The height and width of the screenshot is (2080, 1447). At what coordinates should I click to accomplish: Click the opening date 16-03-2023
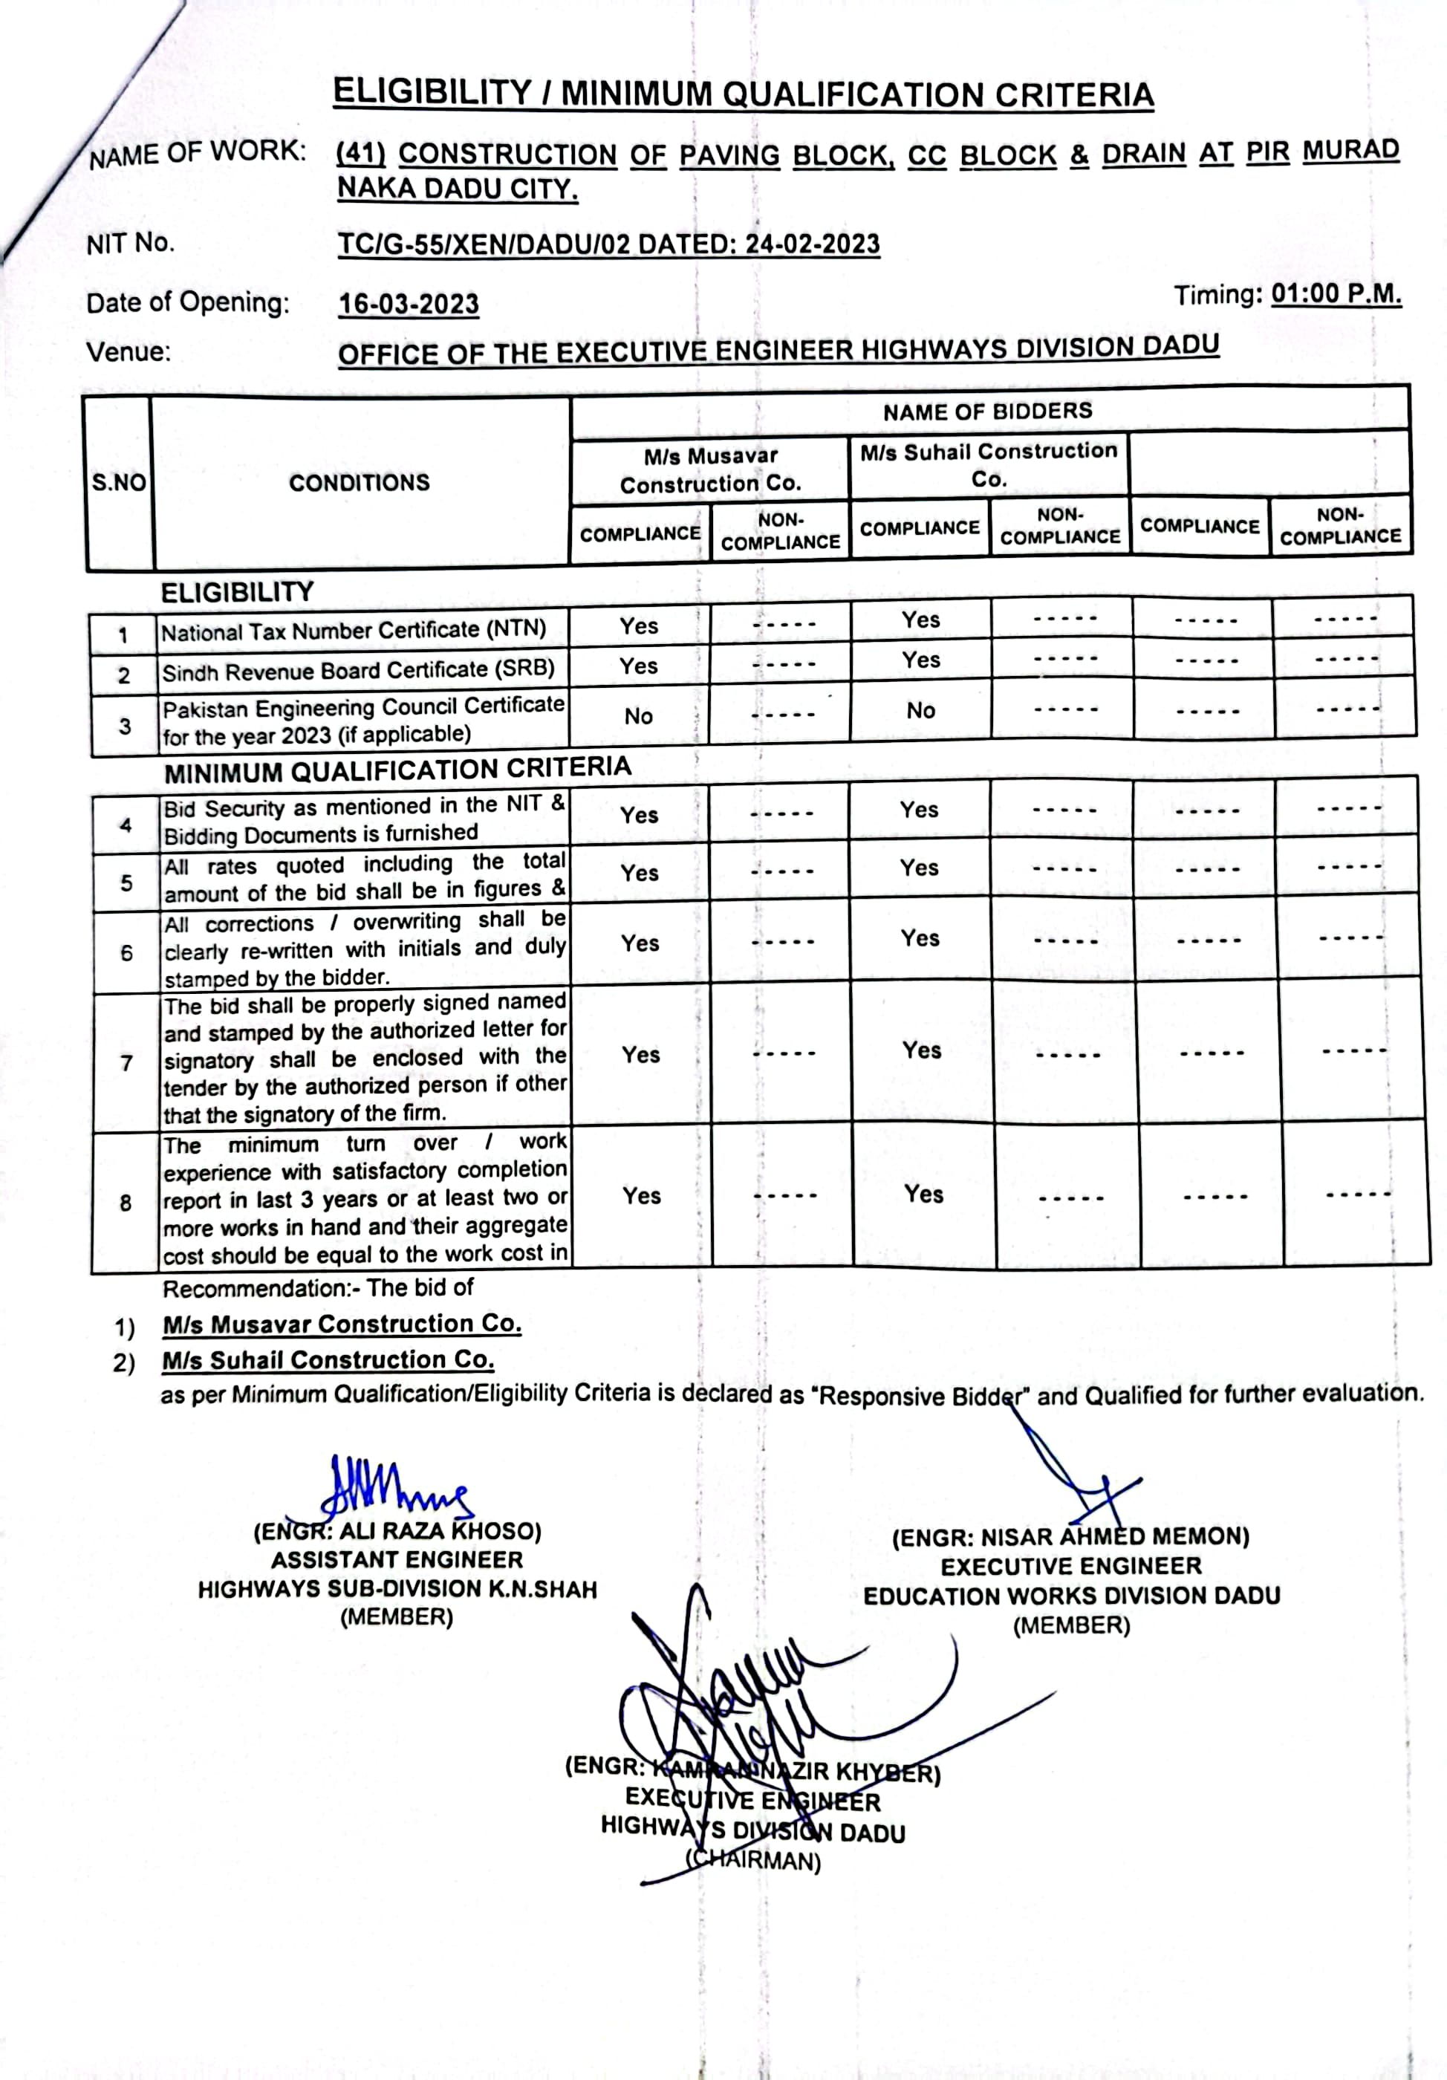click(x=409, y=304)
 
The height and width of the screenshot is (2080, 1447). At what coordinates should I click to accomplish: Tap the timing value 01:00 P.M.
click(x=1336, y=293)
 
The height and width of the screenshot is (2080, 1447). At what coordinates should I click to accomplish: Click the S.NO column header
click(x=119, y=483)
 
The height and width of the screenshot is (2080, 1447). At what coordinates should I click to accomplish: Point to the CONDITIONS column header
click(x=360, y=483)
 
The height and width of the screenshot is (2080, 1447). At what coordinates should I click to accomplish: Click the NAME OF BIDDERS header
click(x=988, y=412)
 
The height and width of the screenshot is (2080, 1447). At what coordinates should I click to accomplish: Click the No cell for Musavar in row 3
click(x=639, y=715)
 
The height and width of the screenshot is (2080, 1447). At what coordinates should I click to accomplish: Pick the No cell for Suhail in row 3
click(x=920, y=710)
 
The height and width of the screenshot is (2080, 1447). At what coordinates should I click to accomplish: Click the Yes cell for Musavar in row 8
click(x=642, y=1196)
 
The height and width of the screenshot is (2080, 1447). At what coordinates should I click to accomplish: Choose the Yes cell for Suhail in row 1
click(x=920, y=620)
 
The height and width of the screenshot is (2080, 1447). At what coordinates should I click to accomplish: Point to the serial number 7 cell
click(x=127, y=1062)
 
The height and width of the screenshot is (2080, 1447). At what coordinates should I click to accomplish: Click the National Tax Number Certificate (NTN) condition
click(x=354, y=631)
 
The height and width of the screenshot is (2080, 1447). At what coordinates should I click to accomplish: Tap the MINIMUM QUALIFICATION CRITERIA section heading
click(x=397, y=770)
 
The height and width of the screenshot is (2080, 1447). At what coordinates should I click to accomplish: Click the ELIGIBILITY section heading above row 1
click(x=238, y=593)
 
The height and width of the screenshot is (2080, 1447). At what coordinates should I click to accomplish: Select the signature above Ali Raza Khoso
click(x=396, y=1486)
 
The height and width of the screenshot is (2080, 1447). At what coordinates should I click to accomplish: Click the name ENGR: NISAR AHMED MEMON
click(x=1070, y=1538)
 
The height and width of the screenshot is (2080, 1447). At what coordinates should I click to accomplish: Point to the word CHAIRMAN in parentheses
click(x=753, y=1861)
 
